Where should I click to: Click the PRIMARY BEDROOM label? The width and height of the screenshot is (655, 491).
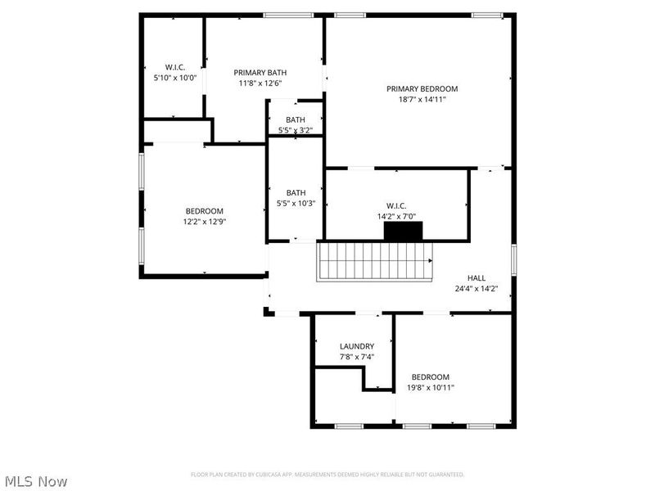pyautogui.click(x=422, y=88)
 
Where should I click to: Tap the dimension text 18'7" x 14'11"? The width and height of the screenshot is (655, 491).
pyautogui.click(x=422, y=99)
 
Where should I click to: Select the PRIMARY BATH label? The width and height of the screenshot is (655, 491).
pyautogui.click(x=260, y=72)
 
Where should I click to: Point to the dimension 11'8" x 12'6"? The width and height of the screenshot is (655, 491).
pyautogui.click(x=260, y=83)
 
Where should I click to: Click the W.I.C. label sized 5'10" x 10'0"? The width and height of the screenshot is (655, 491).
pyautogui.click(x=175, y=66)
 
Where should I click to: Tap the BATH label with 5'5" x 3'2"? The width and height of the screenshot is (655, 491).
pyautogui.click(x=296, y=119)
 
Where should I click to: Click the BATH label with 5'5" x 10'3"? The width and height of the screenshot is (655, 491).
pyautogui.click(x=296, y=192)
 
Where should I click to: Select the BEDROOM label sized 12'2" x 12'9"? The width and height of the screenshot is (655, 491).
pyautogui.click(x=204, y=210)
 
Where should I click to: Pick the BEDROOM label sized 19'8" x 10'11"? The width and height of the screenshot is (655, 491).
pyautogui.click(x=431, y=376)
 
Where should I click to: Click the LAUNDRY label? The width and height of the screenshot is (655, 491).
pyautogui.click(x=357, y=346)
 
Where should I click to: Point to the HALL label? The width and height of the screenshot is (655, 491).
pyautogui.click(x=477, y=277)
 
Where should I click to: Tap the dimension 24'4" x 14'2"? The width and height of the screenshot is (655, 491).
pyautogui.click(x=477, y=288)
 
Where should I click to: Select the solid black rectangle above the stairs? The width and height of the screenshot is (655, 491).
pyautogui.click(x=404, y=232)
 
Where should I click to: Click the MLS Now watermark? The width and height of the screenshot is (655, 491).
pyautogui.click(x=35, y=481)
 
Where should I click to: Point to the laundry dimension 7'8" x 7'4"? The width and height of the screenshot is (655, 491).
pyautogui.click(x=357, y=357)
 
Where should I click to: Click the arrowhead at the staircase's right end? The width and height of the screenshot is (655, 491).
pyautogui.click(x=430, y=261)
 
